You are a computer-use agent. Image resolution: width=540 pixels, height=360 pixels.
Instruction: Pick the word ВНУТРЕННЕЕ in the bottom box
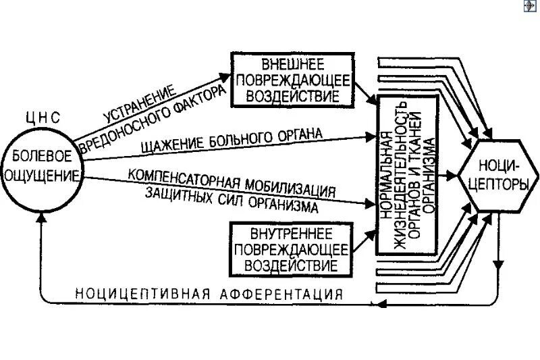pyautogui.click(x=292, y=234)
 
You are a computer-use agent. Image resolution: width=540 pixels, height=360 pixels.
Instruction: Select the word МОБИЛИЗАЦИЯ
pyautogui.click(x=291, y=187)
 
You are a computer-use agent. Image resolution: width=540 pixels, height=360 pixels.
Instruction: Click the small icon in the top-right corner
pyautogui.click(x=529, y=6)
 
